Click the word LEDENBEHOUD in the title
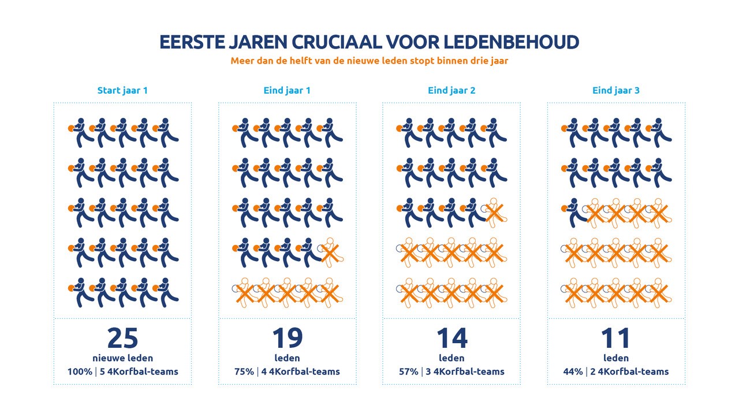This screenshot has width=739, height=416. click(511, 42)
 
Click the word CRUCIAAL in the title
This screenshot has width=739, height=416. click(337, 42)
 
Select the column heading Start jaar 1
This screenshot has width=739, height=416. click(122, 91)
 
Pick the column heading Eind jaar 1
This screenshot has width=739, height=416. click(287, 91)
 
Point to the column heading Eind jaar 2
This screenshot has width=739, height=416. click(451, 91)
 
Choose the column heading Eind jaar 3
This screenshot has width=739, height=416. click(616, 91)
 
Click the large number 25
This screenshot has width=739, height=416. click(123, 338)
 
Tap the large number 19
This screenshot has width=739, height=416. click(288, 338)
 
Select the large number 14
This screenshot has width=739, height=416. click(451, 338)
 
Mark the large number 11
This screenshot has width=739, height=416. click(615, 338)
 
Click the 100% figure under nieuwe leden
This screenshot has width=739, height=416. click(80, 372)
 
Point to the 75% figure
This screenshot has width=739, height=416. click(244, 372)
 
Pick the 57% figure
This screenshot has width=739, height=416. click(409, 372)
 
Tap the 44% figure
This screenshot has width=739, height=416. click(573, 372)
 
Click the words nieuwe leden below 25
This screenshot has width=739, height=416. click(123, 358)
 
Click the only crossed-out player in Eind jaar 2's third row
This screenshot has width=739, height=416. click(495, 213)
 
